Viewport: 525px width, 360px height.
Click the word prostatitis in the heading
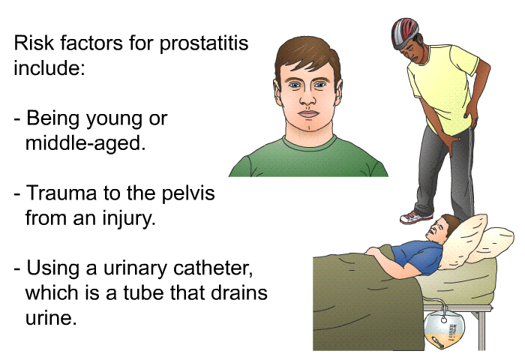203,43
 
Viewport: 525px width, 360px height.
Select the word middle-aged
85,144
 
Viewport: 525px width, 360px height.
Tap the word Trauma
61,193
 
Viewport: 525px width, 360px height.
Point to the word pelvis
187,193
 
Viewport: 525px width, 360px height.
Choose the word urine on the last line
51,317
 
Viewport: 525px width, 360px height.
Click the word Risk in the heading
34,43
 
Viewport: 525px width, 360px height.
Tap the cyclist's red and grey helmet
404,32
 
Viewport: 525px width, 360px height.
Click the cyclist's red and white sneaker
415,217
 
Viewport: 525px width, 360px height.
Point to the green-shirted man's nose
307,97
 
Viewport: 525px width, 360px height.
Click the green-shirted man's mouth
308,114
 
